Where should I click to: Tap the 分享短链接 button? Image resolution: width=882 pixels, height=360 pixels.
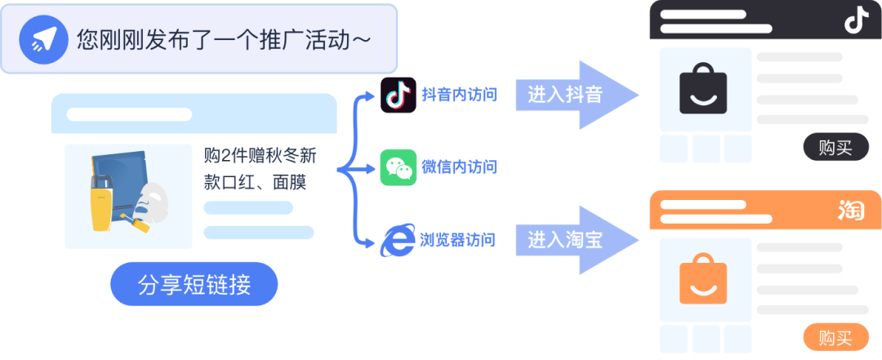coord(194,285)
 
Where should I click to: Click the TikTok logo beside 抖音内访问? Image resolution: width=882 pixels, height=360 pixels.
coord(398,96)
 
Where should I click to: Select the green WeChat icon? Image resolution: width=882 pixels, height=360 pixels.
coord(399,167)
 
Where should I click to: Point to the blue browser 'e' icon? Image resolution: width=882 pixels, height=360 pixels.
coord(399,240)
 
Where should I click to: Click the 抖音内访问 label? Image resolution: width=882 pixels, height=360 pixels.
coord(459,96)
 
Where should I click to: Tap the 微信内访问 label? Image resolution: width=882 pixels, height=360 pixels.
coord(459,168)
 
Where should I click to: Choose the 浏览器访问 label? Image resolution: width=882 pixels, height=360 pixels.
coord(459,240)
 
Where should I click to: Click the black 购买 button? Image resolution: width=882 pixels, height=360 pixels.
coord(835,148)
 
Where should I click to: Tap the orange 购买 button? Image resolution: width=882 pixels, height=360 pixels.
coord(835,337)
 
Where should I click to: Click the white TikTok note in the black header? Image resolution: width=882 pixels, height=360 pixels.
coord(855,20)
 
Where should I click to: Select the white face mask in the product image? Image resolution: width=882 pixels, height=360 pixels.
coord(150,200)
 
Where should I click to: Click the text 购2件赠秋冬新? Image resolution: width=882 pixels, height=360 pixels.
coord(260,155)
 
